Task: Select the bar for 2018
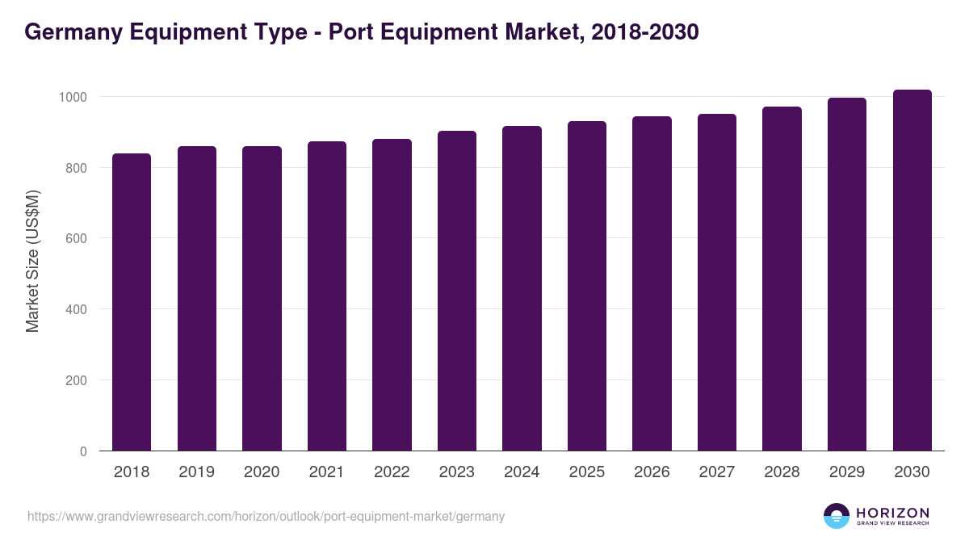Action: [132, 302]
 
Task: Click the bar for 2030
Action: [912, 270]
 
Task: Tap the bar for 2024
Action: [522, 288]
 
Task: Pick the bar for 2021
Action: [326, 296]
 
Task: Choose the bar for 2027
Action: [717, 283]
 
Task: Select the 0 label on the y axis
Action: [82, 451]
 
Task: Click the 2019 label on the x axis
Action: [196, 472]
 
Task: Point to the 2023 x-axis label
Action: [456, 472]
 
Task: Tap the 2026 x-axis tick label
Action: [652, 472]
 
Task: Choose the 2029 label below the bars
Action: [846, 472]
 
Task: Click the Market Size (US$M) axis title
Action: [32, 262]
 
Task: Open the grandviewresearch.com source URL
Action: [266, 516]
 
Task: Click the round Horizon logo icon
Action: [837, 516]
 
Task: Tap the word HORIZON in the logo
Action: [892, 512]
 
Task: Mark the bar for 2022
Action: [392, 295]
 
